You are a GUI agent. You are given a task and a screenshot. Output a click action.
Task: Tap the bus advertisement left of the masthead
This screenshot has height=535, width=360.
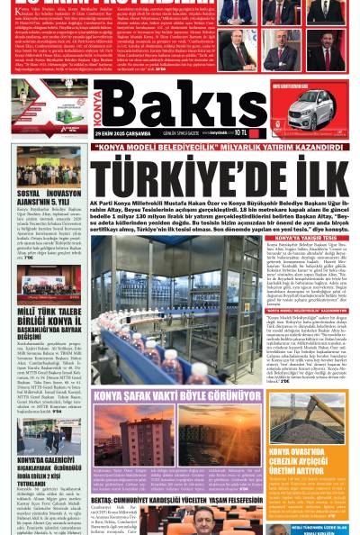tap(44, 106)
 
